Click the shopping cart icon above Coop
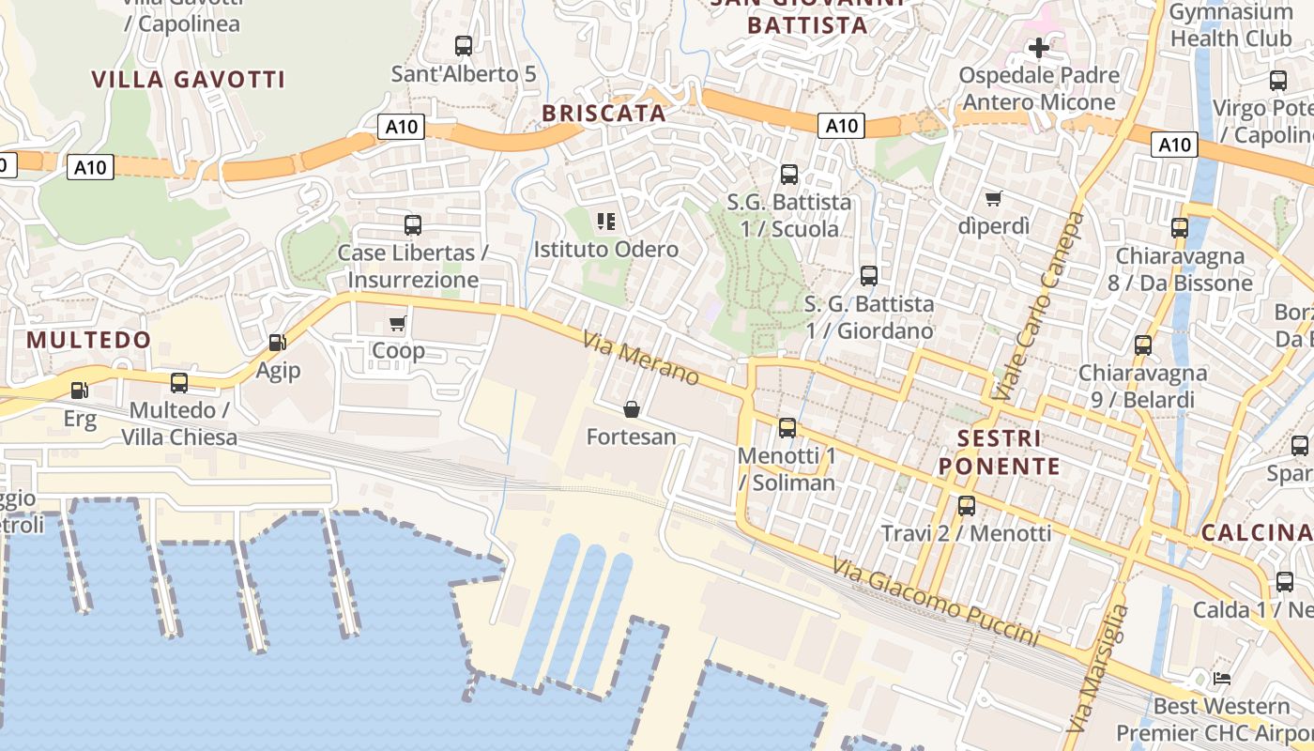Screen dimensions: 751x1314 (397, 324)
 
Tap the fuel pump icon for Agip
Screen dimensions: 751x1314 (278, 343)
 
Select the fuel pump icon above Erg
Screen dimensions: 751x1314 (81, 390)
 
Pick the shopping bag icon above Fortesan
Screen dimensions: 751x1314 (632, 409)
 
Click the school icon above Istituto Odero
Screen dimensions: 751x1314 (606, 222)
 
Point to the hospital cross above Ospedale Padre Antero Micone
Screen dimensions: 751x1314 (1039, 47)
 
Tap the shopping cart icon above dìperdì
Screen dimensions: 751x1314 (993, 198)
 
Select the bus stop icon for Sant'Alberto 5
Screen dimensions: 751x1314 (464, 45)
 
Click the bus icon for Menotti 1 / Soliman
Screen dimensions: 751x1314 (787, 428)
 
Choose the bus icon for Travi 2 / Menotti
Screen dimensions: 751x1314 (967, 506)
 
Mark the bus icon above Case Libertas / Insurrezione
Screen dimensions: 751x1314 (413, 225)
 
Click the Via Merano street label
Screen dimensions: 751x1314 (641, 358)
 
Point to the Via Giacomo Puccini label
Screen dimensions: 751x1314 (936, 601)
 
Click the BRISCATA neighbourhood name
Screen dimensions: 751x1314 (604, 114)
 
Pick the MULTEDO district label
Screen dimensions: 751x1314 (89, 340)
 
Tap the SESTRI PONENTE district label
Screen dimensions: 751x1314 (1001, 452)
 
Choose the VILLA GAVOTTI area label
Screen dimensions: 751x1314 (189, 79)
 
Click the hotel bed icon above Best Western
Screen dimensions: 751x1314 (1222, 678)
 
